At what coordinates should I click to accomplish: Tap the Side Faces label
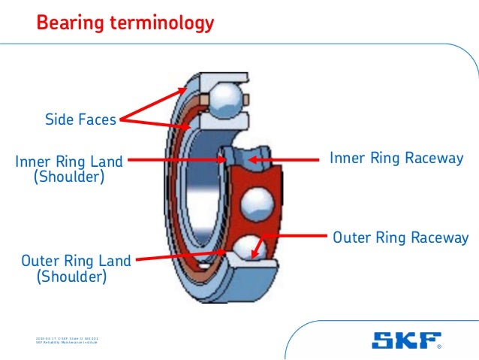click(x=80, y=119)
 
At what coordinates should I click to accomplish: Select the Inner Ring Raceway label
click(x=396, y=159)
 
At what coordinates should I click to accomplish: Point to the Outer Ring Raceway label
click(x=400, y=238)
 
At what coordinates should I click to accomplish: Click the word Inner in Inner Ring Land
click(x=32, y=160)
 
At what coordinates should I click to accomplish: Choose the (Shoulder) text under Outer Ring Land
click(x=71, y=277)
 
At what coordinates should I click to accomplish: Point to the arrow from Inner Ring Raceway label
click(x=285, y=159)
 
